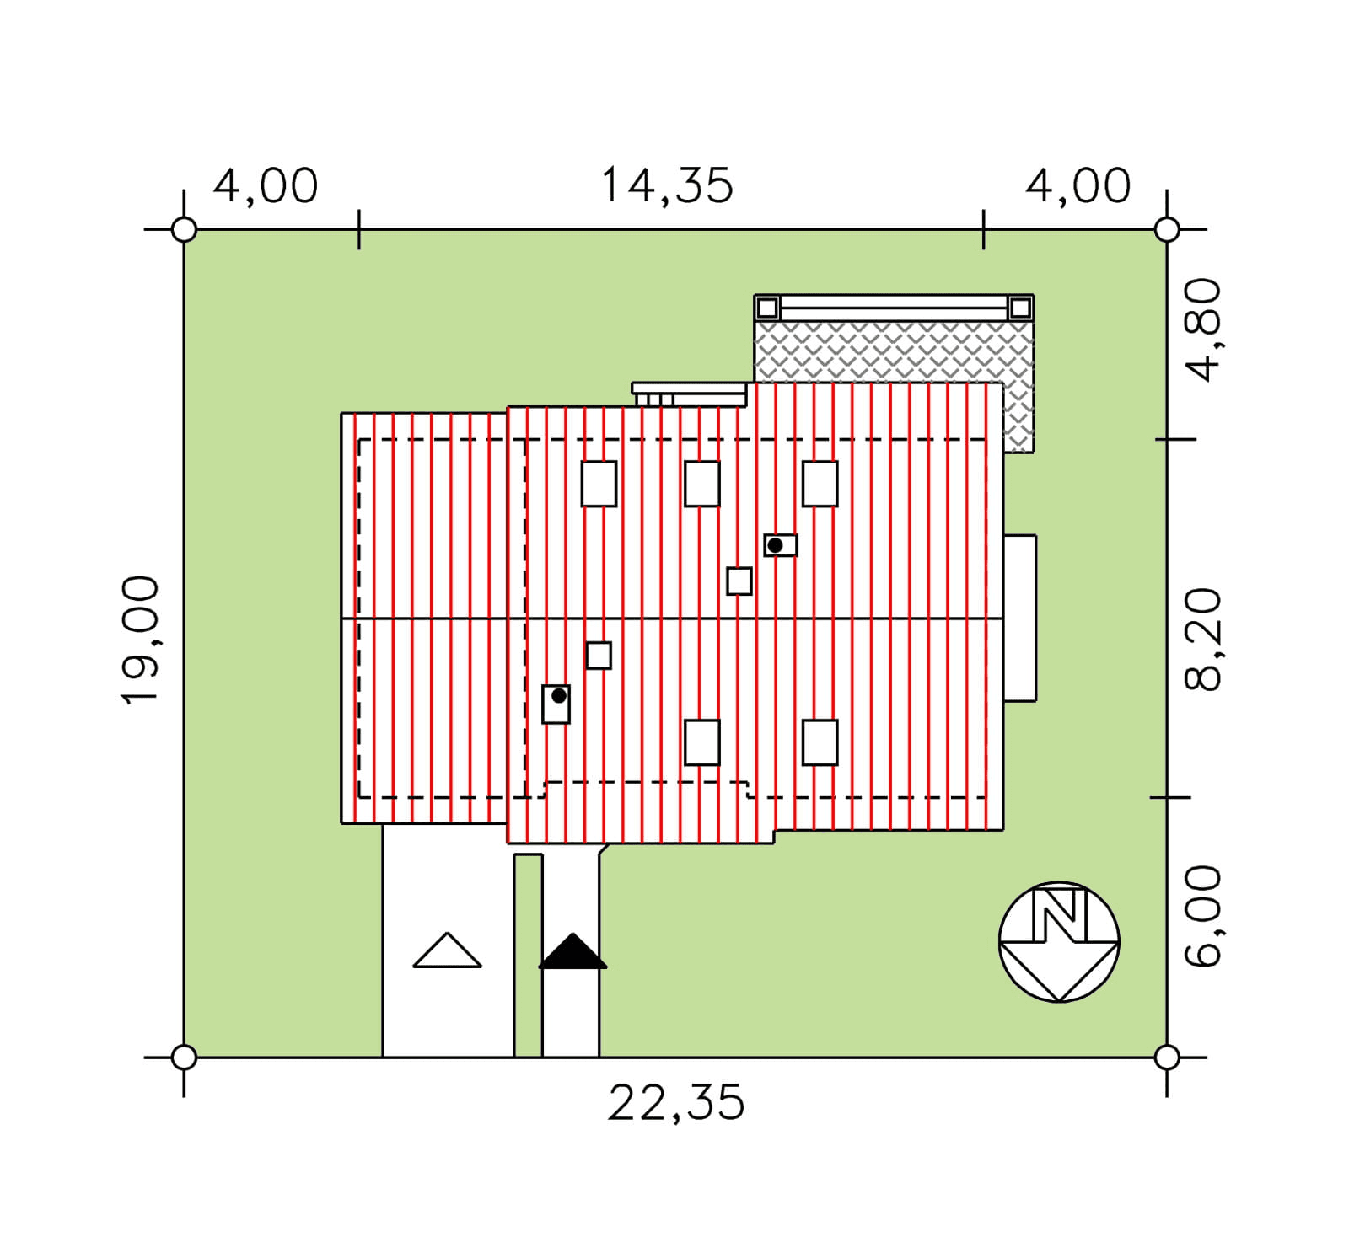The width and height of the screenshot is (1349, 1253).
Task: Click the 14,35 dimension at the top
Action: tap(667, 186)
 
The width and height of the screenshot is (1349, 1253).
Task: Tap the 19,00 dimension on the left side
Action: tap(140, 640)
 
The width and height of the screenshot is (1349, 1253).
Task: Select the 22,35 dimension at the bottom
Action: tap(676, 1103)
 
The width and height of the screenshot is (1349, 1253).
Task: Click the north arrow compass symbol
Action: tap(1059, 942)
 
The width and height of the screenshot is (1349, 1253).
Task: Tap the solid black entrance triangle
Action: tap(572, 951)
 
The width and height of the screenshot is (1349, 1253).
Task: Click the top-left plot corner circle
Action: tap(184, 229)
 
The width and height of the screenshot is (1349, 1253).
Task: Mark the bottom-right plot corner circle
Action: tap(1167, 1057)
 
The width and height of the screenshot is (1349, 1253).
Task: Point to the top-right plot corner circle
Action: tap(1167, 229)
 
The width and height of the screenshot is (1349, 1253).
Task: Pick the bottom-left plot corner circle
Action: tap(184, 1057)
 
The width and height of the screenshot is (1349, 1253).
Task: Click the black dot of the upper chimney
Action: tap(775, 545)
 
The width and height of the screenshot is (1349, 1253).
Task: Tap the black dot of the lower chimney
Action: tap(558, 696)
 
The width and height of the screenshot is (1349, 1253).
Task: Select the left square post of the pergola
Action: tap(767, 308)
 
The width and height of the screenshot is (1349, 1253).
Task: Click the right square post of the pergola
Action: tap(1020, 308)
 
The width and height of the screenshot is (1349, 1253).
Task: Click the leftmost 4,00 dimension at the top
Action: tap(266, 186)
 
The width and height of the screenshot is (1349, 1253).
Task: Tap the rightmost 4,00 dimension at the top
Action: tap(1078, 186)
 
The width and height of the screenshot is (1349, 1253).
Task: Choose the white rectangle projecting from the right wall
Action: tap(1020, 618)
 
